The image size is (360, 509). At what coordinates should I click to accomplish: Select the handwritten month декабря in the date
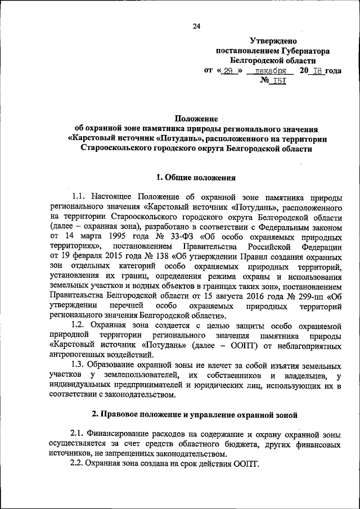[x=271, y=71]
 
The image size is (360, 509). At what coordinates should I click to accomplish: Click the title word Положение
[x=196, y=119]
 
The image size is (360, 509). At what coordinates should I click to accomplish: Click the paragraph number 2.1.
[x=79, y=434]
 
